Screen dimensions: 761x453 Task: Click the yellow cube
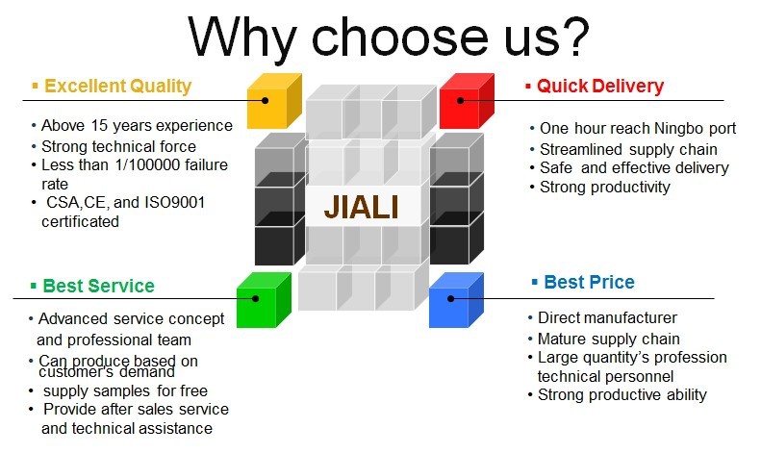tap(274, 101)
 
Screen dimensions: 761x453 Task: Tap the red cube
tap(467, 101)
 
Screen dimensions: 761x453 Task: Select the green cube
tap(264, 300)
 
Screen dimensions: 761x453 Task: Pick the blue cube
tap(456, 300)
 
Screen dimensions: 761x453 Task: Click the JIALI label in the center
tap(362, 207)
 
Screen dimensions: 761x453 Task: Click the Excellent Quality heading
tap(118, 87)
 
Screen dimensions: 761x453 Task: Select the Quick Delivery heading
tap(600, 87)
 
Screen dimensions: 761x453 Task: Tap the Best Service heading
tap(98, 286)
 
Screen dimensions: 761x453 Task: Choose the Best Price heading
tap(589, 282)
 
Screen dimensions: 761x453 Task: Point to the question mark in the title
tap(575, 37)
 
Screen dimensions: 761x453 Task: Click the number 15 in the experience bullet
tap(99, 126)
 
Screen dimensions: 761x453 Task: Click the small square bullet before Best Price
tap(534, 282)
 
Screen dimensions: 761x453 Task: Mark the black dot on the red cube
tap(461, 100)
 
